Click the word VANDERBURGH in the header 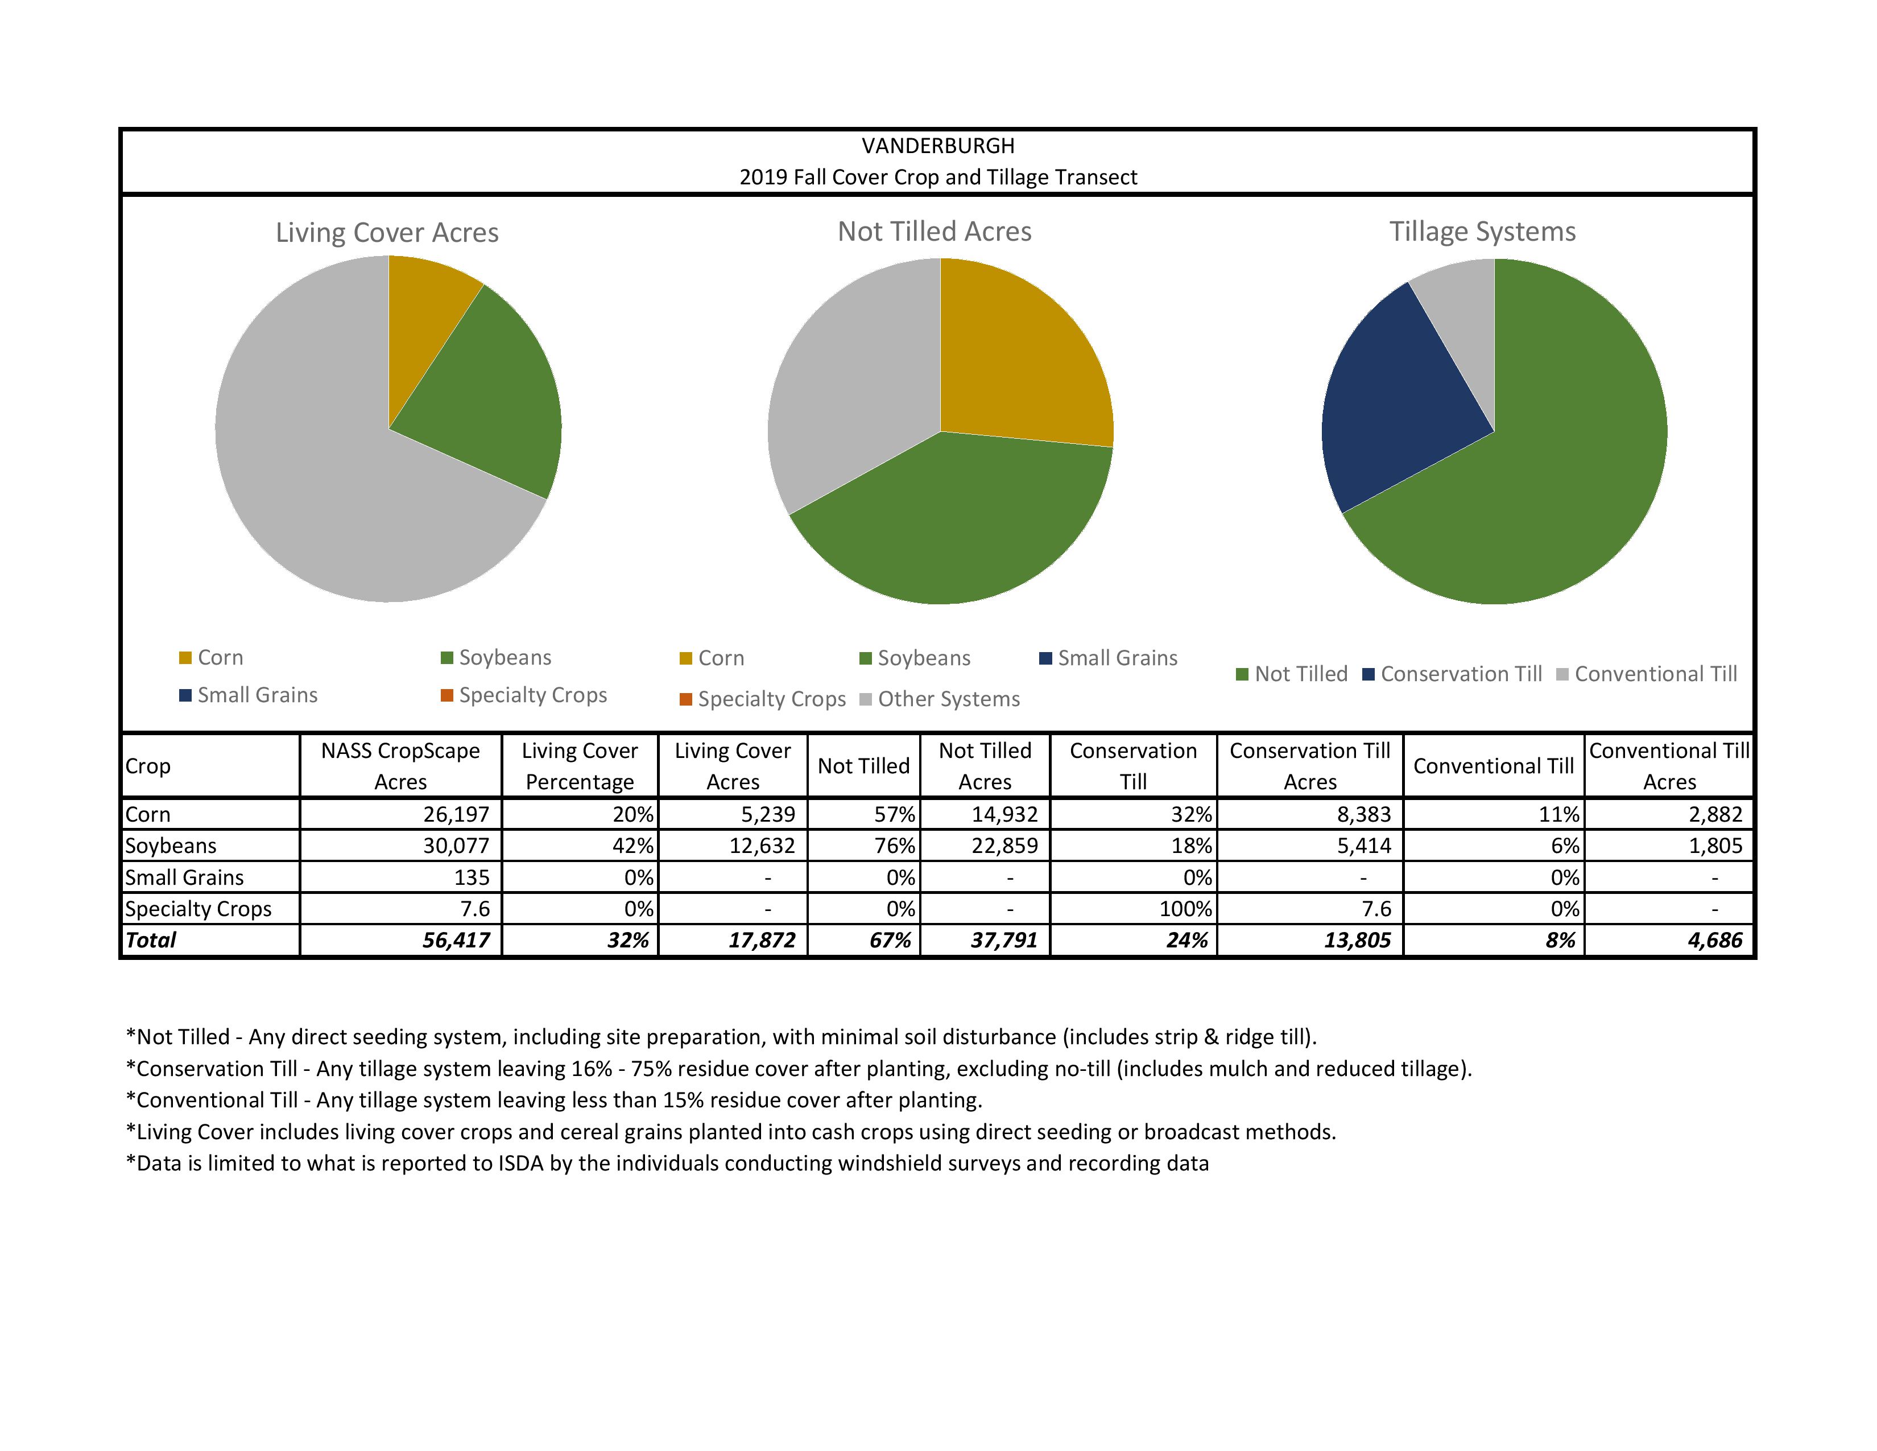coord(937,146)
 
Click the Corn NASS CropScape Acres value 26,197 coord(456,814)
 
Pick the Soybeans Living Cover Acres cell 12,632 coord(762,846)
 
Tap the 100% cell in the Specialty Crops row coord(1185,909)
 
